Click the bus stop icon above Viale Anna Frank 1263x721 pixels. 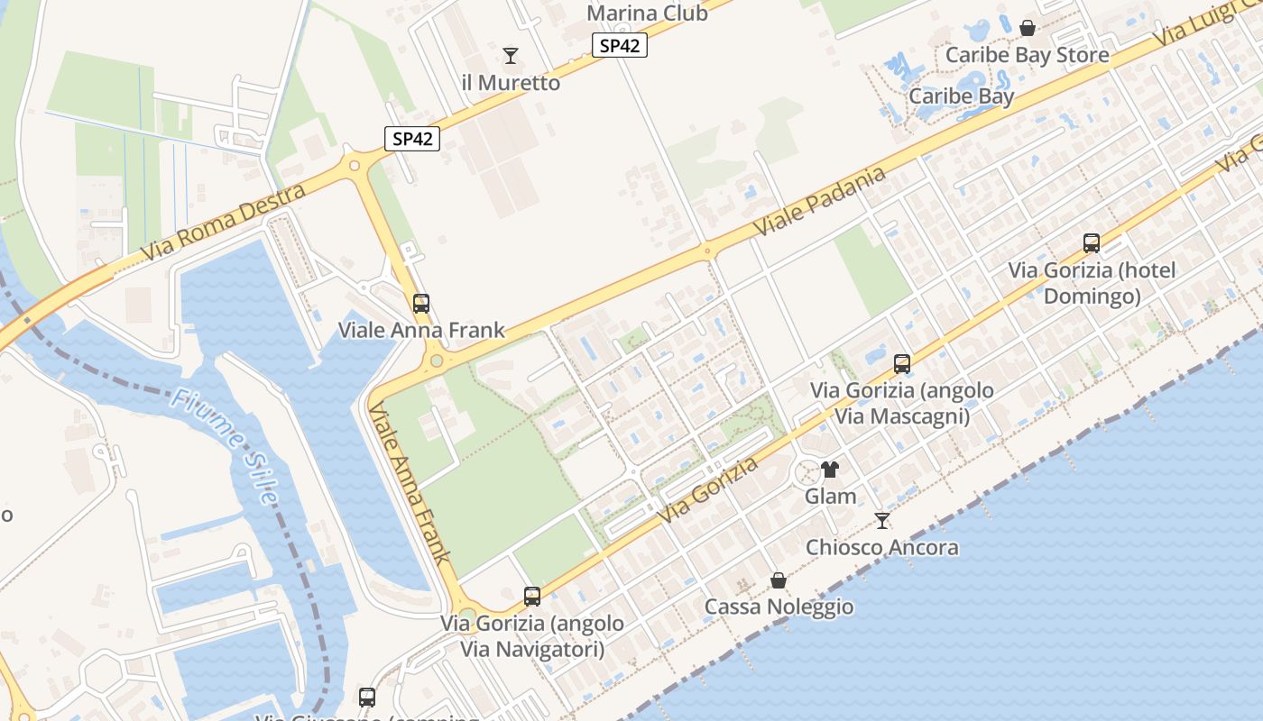(x=421, y=304)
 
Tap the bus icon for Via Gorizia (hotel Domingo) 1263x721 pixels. (x=1092, y=243)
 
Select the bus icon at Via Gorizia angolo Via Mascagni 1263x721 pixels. (x=902, y=364)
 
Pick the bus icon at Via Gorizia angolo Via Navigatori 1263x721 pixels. (x=532, y=597)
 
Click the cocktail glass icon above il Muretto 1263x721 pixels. (x=511, y=56)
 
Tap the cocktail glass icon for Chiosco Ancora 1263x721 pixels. (x=882, y=521)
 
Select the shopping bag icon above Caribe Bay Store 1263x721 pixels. (x=1028, y=28)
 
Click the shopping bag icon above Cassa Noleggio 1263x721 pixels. (x=778, y=580)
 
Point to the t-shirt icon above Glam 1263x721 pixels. (x=830, y=470)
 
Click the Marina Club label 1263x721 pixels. (x=647, y=14)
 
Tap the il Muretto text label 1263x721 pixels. (x=511, y=83)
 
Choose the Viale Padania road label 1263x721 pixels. (x=819, y=202)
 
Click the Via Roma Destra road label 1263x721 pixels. (x=224, y=220)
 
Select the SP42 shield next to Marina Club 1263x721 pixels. (x=620, y=46)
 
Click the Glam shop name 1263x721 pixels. (x=830, y=497)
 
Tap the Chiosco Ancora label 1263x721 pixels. (x=881, y=547)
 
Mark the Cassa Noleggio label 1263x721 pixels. (x=779, y=607)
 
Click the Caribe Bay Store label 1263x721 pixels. (x=1027, y=55)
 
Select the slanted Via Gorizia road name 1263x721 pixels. (x=708, y=491)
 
